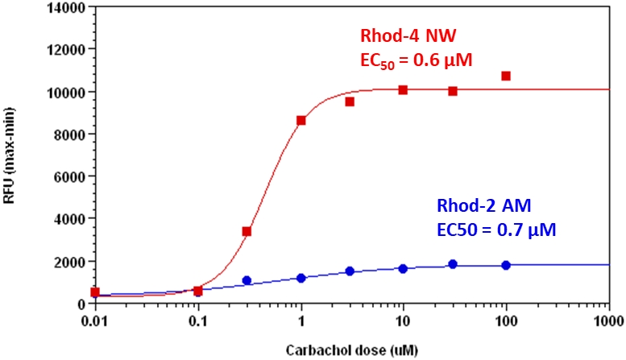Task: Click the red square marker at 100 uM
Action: [506, 76]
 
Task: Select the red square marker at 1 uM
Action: [301, 120]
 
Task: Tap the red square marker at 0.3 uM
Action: [247, 231]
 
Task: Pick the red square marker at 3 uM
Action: [350, 101]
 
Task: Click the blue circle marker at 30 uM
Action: [453, 264]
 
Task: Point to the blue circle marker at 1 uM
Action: [301, 278]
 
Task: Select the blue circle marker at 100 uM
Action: [506, 265]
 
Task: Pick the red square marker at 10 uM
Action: [403, 89]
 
